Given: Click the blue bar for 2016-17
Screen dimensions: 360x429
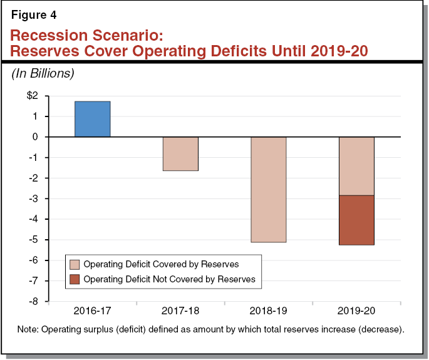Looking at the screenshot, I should pos(93,119).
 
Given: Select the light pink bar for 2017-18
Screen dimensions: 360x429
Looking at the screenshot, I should pos(180,153).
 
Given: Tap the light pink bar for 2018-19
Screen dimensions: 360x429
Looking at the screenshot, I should pos(269,189).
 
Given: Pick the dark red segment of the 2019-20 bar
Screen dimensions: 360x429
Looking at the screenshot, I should pos(356,220).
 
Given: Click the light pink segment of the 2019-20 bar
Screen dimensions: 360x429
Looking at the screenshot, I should pos(356,166).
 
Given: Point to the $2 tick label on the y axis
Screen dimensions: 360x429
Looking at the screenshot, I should pos(31,96).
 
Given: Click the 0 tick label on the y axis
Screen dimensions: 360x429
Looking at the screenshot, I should pos(35,137).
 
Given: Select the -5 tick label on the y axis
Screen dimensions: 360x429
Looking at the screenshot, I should pos(33,240).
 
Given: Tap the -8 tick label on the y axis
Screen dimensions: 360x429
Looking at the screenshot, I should pos(33,301).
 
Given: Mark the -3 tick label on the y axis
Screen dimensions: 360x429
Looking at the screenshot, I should pos(33,198).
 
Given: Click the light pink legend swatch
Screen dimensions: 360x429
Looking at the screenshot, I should pos(75,264).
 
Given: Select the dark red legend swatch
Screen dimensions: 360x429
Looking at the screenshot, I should pos(75,279).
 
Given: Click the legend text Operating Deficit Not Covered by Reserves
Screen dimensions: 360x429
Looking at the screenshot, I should pos(169,279).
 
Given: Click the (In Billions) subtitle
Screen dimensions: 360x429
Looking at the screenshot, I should pos(43,73).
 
